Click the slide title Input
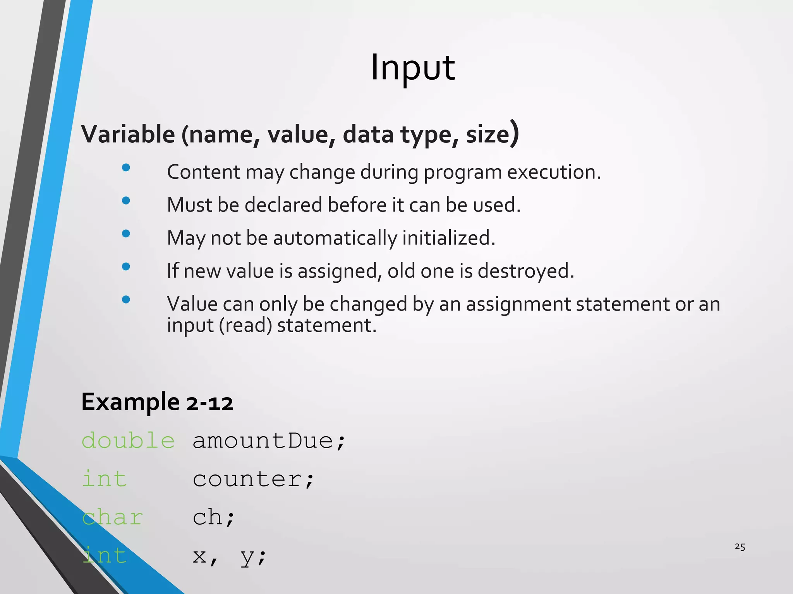(413, 68)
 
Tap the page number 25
(740, 546)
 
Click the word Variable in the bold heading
(128, 134)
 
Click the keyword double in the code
(128, 441)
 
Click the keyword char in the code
(112, 517)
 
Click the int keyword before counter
(105, 479)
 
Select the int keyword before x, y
(105, 556)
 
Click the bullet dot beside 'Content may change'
(126, 167)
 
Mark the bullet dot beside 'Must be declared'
(126, 200)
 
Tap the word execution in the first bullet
(554, 172)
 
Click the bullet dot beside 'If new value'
(126, 266)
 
